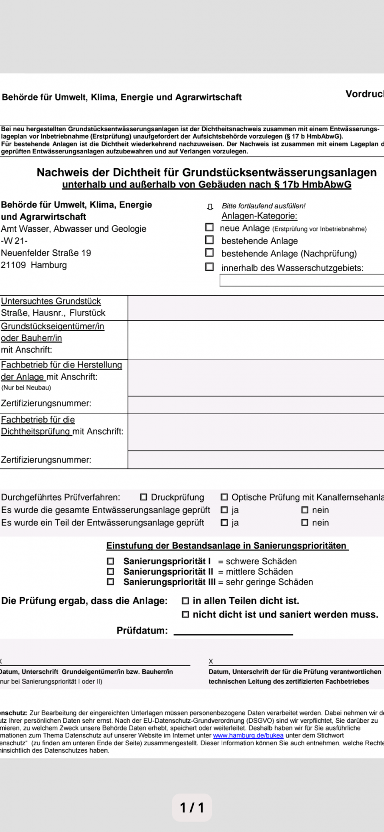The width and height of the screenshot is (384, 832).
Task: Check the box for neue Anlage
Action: coord(209,227)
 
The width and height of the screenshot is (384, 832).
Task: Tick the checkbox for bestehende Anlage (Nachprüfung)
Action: coord(209,252)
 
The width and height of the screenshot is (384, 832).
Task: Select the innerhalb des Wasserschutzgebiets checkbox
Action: coord(209,267)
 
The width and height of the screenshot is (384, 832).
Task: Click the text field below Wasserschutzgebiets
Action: coord(302,281)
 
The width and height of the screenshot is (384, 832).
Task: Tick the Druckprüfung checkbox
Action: coord(143,497)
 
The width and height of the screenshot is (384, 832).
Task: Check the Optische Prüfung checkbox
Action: coord(224,497)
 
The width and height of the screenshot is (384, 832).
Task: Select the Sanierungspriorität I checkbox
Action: coord(111,561)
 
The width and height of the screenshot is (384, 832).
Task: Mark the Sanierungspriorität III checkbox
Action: coord(111,582)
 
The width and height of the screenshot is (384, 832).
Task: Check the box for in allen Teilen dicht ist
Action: coord(185,601)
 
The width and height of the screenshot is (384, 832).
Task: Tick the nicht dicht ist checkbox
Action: coord(185,614)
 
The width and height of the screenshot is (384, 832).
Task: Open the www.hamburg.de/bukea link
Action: coord(248,735)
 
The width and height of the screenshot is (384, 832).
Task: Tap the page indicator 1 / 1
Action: coord(192,807)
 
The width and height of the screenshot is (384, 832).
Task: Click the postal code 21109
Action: coord(13,265)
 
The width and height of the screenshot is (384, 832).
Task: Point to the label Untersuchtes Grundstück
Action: coord(51,301)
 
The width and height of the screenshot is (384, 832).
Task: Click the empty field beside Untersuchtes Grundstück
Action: coord(256,308)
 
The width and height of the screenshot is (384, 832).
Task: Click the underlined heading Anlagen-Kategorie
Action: coord(259,216)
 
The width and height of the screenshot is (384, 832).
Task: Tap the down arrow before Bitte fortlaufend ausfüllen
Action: coord(210,207)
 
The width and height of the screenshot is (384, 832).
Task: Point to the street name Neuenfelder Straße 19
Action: coord(46,253)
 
